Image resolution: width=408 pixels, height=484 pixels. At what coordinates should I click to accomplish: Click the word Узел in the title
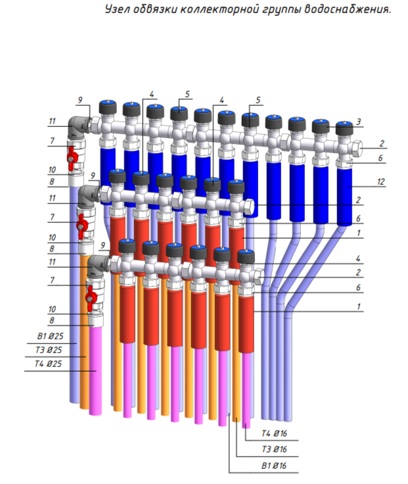(x=116, y=9)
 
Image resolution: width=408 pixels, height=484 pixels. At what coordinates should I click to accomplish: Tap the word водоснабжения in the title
(x=348, y=9)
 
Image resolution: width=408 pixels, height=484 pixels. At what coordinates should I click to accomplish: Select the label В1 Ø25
(x=50, y=336)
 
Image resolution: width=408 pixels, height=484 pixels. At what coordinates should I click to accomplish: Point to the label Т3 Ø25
(x=49, y=350)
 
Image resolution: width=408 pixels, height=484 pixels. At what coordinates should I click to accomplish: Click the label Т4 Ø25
(x=48, y=364)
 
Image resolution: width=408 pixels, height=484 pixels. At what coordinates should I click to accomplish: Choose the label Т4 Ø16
(x=274, y=433)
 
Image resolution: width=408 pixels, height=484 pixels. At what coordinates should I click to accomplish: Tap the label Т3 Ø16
(x=274, y=449)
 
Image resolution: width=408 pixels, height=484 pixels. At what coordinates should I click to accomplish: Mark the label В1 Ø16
(x=274, y=466)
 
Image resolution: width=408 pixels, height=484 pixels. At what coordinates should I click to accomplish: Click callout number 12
(x=381, y=181)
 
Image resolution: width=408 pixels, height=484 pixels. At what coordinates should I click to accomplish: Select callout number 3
(x=359, y=122)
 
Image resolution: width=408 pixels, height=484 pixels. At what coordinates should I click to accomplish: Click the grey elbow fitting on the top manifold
(x=77, y=127)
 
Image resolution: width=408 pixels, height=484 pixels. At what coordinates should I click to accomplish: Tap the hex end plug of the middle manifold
(x=248, y=206)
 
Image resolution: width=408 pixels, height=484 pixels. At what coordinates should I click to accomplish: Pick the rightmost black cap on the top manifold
(x=344, y=128)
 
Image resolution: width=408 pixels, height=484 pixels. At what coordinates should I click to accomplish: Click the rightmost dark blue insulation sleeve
(x=344, y=197)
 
